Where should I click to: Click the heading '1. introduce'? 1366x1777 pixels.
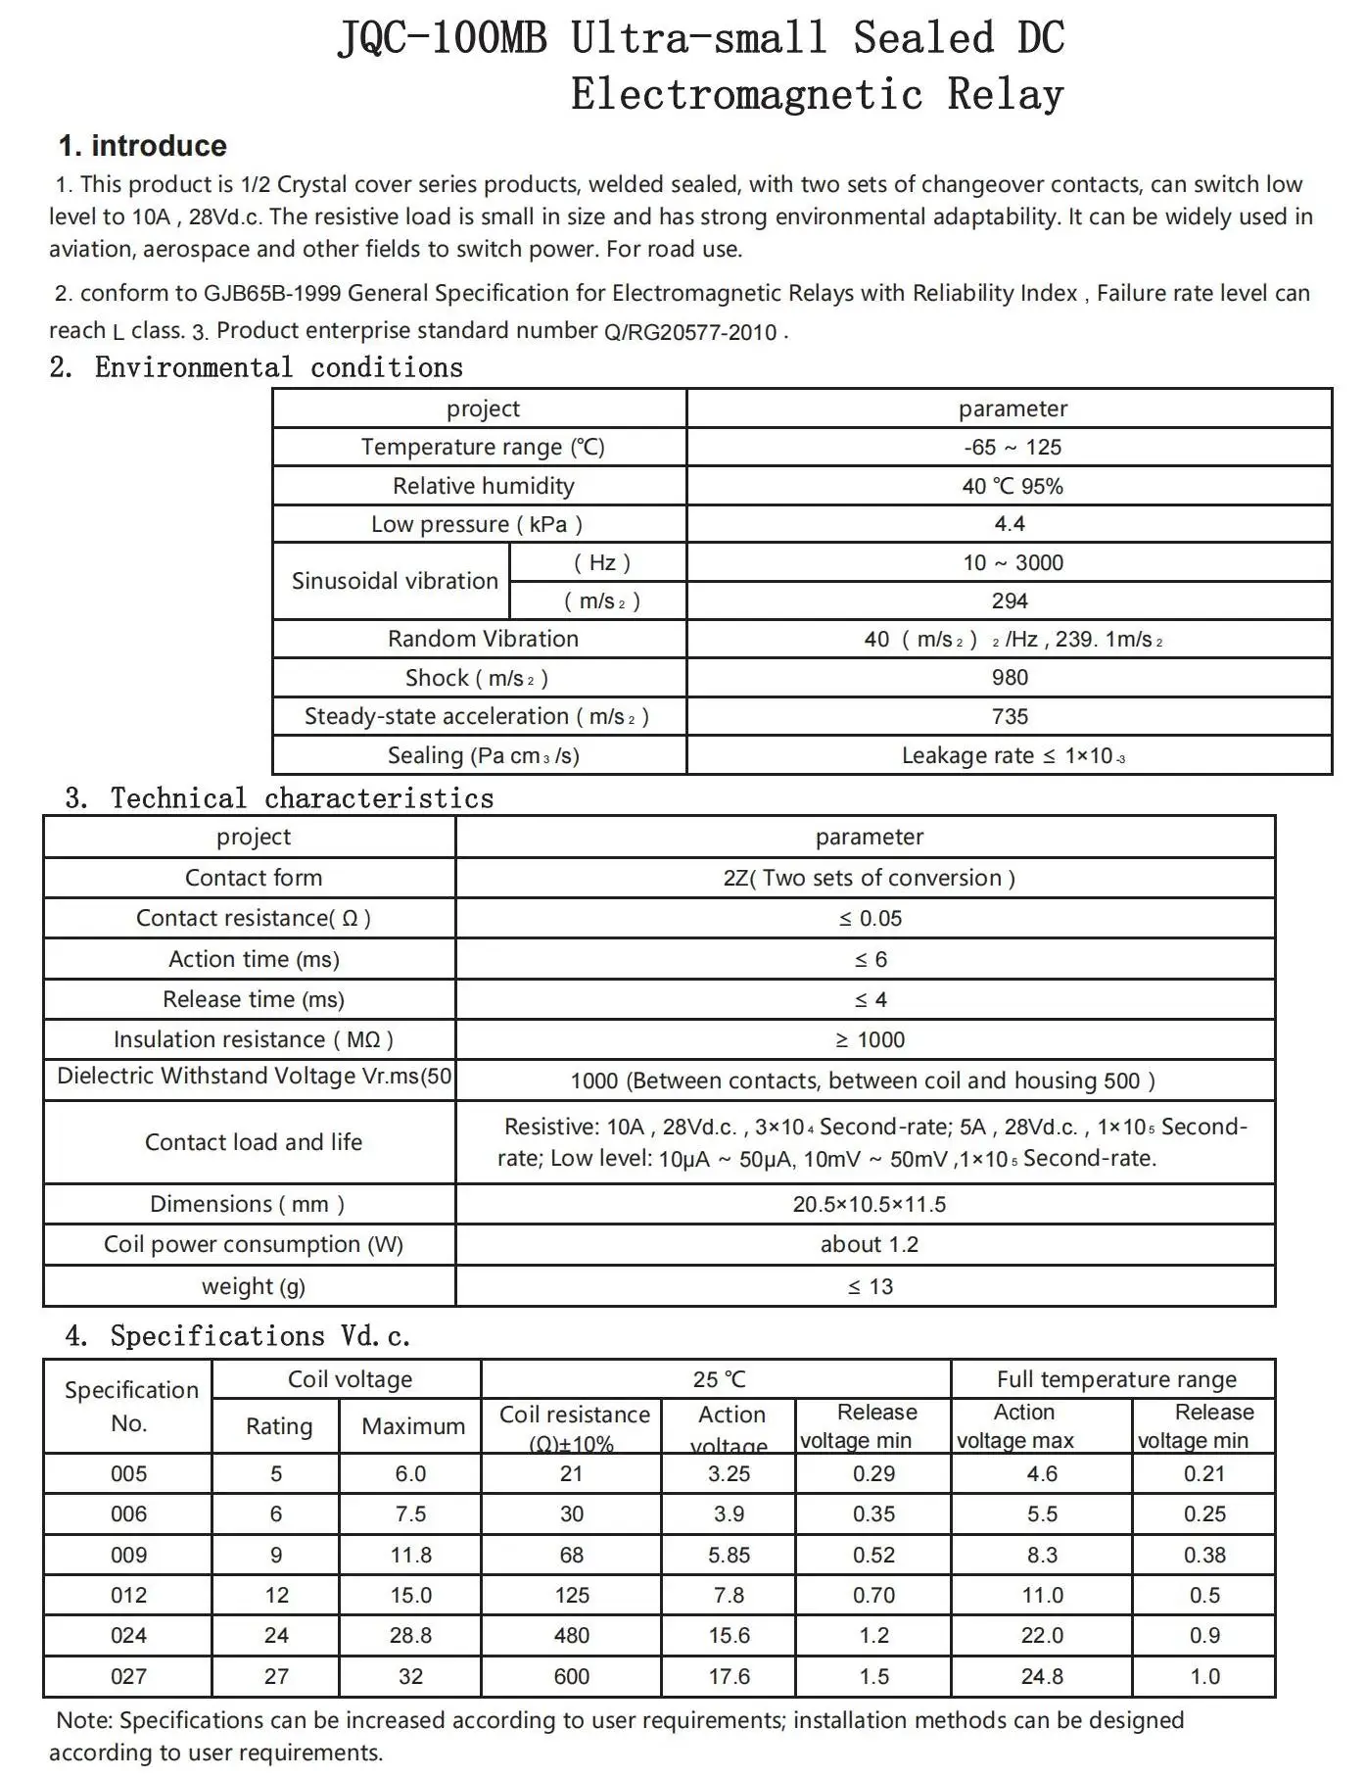[x=143, y=146]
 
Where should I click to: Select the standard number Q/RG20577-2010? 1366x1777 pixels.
[x=690, y=332]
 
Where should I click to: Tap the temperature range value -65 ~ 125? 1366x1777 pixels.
[x=1012, y=448]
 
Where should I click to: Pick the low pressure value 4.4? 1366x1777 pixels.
[x=1010, y=524]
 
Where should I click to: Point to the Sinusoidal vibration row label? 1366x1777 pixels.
[x=395, y=581]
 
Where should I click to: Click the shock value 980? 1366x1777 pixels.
[x=1010, y=678]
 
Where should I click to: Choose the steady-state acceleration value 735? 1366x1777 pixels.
[x=1010, y=717]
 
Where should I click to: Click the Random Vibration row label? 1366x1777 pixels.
[x=483, y=639]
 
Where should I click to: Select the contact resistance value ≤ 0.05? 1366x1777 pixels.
[x=870, y=919]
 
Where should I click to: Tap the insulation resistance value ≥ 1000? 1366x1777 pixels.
[x=870, y=1040]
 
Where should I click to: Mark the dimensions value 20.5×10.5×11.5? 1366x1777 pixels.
[x=870, y=1205]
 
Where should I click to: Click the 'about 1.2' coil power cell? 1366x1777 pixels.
[x=870, y=1245]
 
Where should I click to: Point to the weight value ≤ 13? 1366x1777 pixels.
[x=870, y=1287]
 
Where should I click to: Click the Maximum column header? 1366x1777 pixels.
[x=413, y=1426]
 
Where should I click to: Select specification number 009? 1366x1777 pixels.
[x=128, y=1556]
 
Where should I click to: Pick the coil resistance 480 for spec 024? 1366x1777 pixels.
[x=571, y=1636]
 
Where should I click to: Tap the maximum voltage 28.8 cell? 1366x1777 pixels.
[x=411, y=1636]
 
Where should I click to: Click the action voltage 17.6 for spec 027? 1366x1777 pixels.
[x=730, y=1677]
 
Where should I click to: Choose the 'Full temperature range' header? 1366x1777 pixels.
[x=1116, y=1380]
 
